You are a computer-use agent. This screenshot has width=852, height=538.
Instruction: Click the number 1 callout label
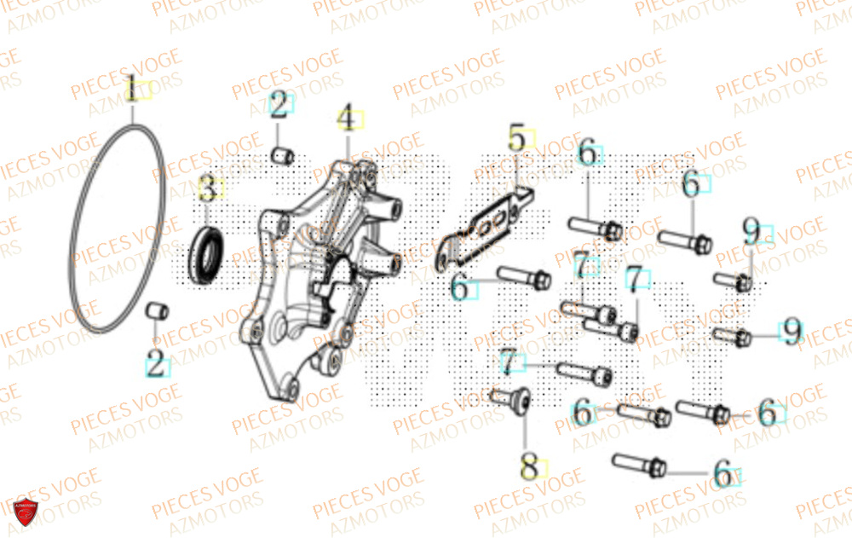[x=132, y=88]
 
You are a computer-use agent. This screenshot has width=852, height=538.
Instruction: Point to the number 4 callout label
[x=346, y=118]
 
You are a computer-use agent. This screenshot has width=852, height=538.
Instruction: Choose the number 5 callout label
[x=518, y=136]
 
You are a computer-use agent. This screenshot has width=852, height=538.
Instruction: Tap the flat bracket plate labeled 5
[x=486, y=227]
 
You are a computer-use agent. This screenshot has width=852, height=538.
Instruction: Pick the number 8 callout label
[x=530, y=466]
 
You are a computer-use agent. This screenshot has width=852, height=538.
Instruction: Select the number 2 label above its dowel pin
[x=279, y=105]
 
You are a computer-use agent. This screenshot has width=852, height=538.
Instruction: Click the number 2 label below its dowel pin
[x=156, y=364]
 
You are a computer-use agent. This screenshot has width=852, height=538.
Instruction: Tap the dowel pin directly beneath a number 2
[x=281, y=155]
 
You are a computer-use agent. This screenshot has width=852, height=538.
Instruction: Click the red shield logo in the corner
[x=26, y=513]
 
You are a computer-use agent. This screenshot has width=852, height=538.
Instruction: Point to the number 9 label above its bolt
[x=751, y=230]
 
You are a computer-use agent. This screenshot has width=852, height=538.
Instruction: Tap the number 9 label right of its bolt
[x=792, y=332]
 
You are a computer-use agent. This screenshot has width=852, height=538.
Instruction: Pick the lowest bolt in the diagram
[x=639, y=465]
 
